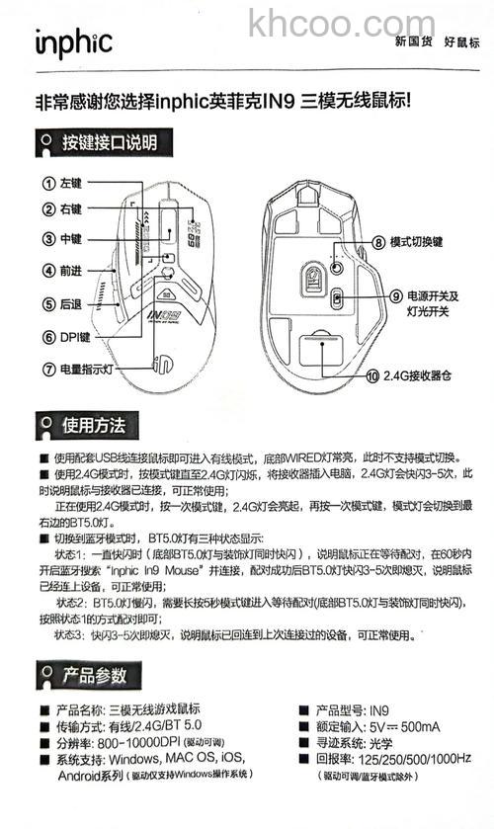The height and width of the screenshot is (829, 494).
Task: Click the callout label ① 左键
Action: (x=61, y=184)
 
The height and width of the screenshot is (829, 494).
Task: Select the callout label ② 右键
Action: (x=61, y=209)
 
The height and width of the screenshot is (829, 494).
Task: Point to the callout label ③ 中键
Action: (x=61, y=239)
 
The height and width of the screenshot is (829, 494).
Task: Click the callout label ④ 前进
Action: (x=61, y=270)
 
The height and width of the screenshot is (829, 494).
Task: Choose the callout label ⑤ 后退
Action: (x=61, y=303)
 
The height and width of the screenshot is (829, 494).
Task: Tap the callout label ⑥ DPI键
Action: (x=66, y=337)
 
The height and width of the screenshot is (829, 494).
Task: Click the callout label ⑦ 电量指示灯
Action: (x=78, y=370)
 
